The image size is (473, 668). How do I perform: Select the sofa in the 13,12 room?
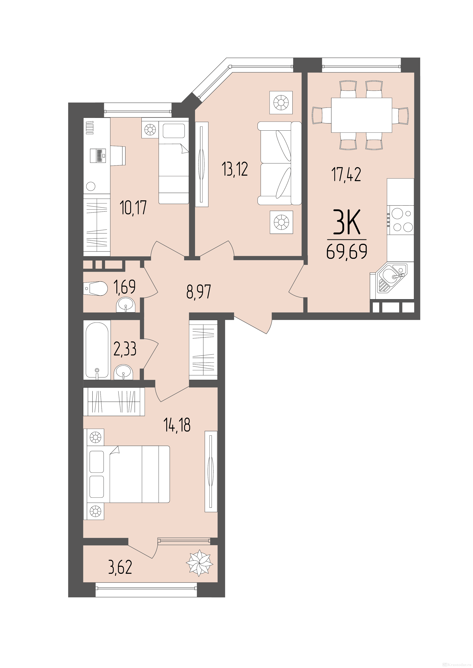click(x=279, y=163)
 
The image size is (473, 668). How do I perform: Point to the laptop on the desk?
click(x=98, y=156)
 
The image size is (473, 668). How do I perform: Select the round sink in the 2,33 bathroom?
click(x=124, y=372)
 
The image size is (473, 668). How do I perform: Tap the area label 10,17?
click(x=133, y=207)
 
